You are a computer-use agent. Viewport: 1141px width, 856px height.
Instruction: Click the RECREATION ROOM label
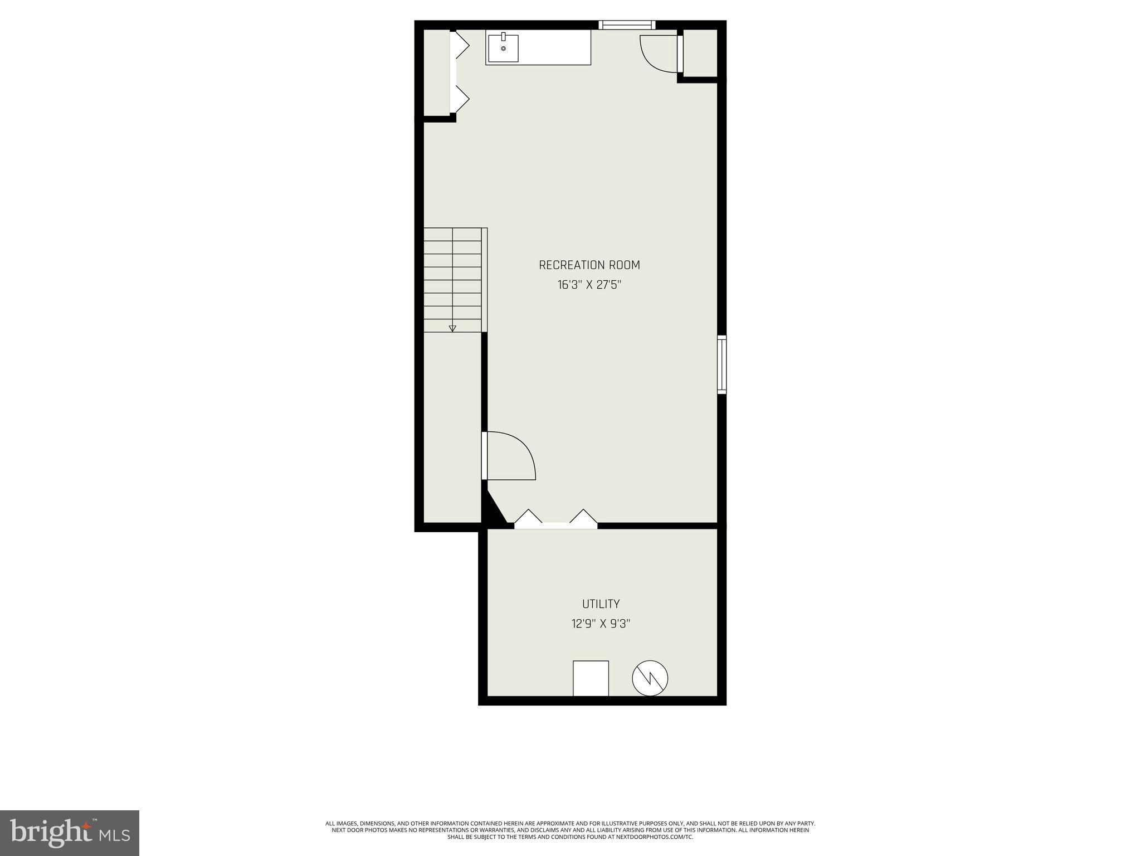pyautogui.click(x=589, y=265)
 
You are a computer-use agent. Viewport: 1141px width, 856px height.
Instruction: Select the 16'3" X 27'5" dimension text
pyautogui.click(x=589, y=285)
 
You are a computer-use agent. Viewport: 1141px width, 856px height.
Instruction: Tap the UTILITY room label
pyautogui.click(x=601, y=604)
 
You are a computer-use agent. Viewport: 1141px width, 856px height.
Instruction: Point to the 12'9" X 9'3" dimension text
pyautogui.click(x=601, y=624)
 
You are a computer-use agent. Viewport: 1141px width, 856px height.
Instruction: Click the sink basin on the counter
pyautogui.click(x=503, y=48)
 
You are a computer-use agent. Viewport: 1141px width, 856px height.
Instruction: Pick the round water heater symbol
pyautogui.click(x=650, y=678)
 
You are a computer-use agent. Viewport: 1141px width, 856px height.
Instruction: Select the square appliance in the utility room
pyautogui.click(x=591, y=678)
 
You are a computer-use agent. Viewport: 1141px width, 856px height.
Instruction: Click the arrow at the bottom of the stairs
pyautogui.click(x=452, y=328)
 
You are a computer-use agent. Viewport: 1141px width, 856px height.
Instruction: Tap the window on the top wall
pyautogui.click(x=627, y=25)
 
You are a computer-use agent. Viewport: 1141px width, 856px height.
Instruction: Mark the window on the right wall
pyautogui.click(x=721, y=364)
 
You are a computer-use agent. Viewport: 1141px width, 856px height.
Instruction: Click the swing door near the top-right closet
pyautogui.click(x=660, y=54)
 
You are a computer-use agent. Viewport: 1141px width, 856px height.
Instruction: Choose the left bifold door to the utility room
pyautogui.click(x=528, y=518)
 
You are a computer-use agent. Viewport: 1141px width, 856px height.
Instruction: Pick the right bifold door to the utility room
pyautogui.click(x=583, y=518)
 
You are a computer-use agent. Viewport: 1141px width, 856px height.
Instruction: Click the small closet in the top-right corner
pyautogui.click(x=700, y=53)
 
